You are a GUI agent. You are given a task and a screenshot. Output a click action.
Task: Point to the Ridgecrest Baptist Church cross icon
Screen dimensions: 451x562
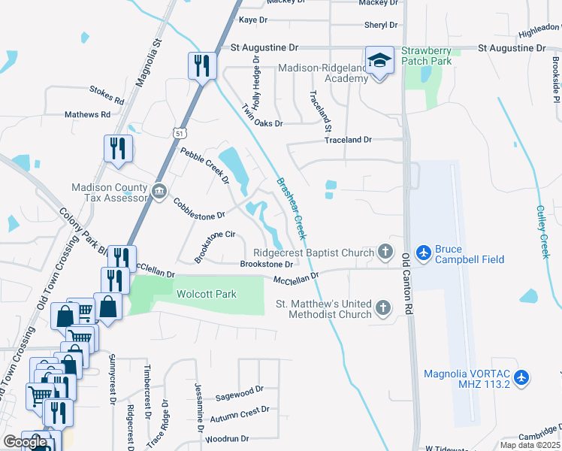(x=385, y=253)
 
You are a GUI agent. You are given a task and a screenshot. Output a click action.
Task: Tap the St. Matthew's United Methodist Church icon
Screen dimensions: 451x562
(x=383, y=308)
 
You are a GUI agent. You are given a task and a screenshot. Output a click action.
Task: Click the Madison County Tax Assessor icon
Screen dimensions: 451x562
(x=159, y=192)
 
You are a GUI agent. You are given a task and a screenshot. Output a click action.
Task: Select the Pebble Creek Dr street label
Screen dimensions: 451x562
(x=204, y=165)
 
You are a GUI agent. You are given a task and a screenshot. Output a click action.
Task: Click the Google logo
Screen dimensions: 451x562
(x=26, y=442)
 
